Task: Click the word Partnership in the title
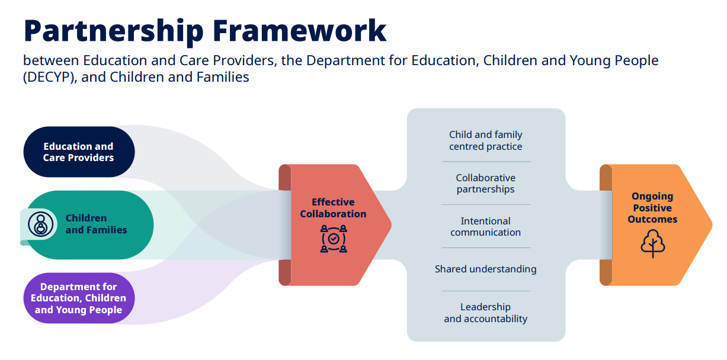tap(114, 32)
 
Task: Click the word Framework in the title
tap(299, 30)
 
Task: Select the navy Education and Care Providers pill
tap(79, 152)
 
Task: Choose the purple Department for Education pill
tap(79, 298)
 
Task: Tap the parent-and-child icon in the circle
tap(40, 224)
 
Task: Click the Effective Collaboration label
tap(333, 208)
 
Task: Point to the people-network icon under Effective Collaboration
tap(334, 239)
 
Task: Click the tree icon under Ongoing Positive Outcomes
tap(653, 243)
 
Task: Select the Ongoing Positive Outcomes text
tap(652, 208)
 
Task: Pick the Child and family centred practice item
tap(485, 140)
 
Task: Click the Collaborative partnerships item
tap(485, 183)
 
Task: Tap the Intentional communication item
tap(485, 226)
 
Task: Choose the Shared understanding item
tap(485, 269)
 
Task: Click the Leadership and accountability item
tap(485, 313)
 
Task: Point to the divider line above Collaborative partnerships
tap(486, 162)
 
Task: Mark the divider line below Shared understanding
tap(486, 291)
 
